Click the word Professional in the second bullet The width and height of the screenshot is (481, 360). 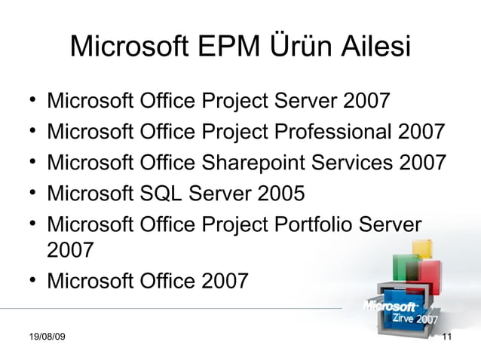pyautogui.click(x=337, y=131)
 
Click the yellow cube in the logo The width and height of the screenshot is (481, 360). pyautogui.click(x=421, y=249)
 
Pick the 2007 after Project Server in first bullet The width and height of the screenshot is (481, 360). pyautogui.click(x=366, y=99)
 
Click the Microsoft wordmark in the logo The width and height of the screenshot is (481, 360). pyautogui.click(x=391, y=307)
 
